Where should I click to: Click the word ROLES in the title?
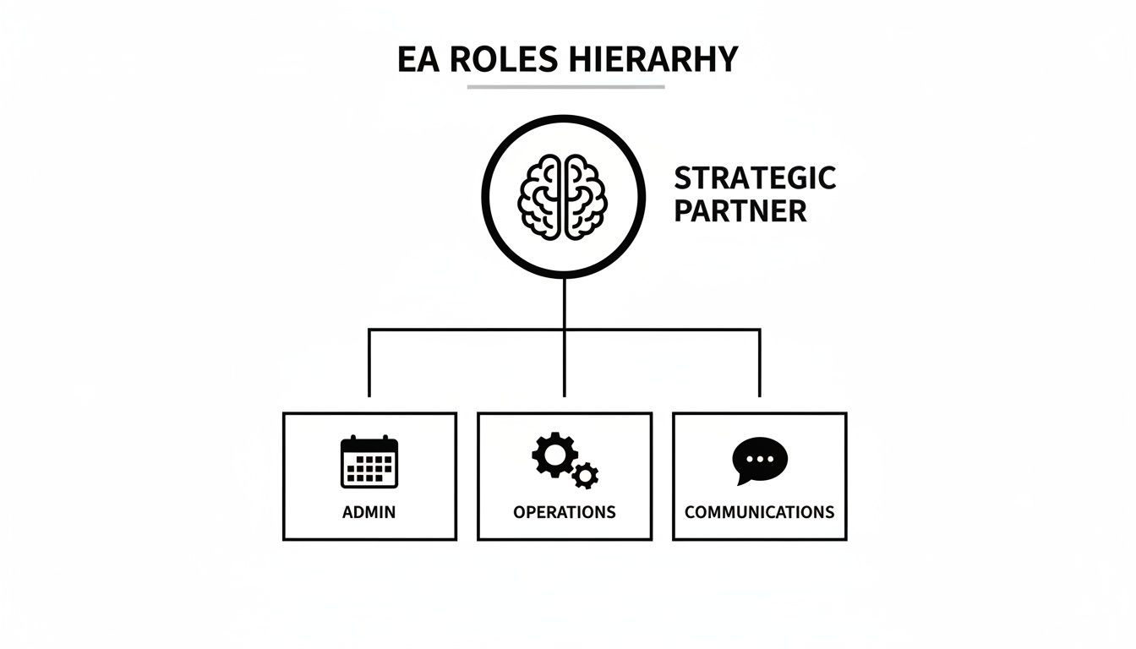click(504, 59)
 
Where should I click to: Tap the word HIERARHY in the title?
click(653, 59)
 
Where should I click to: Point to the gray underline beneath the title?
click(566, 87)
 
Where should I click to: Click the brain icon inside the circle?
click(562, 197)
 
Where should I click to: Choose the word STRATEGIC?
click(755, 178)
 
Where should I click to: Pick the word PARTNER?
click(740, 211)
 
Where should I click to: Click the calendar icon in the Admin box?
click(369, 461)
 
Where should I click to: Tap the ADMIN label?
click(369, 512)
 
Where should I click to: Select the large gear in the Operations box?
click(554, 455)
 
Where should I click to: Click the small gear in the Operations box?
click(585, 476)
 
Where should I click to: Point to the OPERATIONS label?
click(565, 512)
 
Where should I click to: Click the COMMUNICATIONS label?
click(759, 512)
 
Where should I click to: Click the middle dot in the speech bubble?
click(760, 460)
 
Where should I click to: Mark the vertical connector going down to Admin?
click(369, 363)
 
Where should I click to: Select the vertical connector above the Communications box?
click(759, 363)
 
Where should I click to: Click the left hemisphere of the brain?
click(539, 197)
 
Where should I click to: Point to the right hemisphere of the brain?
click(585, 197)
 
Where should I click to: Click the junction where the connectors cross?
click(565, 330)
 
